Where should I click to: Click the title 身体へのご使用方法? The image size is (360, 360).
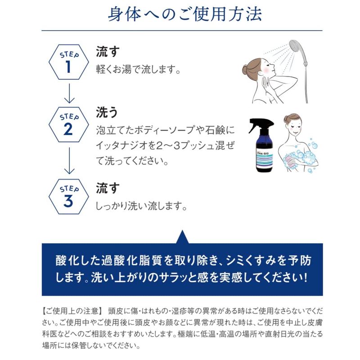[x=185, y=14]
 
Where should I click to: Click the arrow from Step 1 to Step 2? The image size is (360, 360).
[x=69, y=93]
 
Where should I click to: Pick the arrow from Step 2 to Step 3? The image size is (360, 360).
[x=69, y=161]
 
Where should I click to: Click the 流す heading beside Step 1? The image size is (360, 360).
[x=108, y=52]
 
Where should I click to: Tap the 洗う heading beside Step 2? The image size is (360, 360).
[x=107, y=112]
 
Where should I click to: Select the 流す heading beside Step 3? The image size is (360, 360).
[x=108, y=188]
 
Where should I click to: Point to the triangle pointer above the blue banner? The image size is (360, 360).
[x=182, y=237]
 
